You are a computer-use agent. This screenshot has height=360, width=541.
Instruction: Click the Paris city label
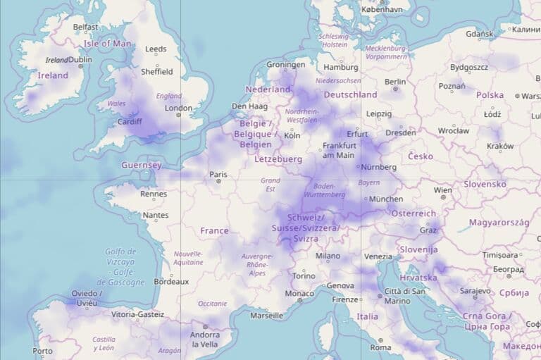coord(218,174)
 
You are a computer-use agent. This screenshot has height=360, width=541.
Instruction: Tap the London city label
coord(178,108)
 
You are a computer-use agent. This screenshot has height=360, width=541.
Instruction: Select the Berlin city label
coord(395,82)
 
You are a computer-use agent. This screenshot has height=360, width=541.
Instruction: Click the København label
coord(381,10)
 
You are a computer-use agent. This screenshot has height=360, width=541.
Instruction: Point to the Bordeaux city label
coord(171,281)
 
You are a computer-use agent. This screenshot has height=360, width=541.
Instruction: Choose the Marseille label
coord(266,316)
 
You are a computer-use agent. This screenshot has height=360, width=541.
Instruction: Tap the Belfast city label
coord(86,27)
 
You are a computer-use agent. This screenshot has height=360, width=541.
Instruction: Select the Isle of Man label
coord(107,43)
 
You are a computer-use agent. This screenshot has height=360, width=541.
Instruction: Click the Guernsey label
coord(141,166)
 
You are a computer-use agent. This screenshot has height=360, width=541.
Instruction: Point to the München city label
coord(385,199)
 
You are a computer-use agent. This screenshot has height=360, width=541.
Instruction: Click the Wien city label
coord(443,190)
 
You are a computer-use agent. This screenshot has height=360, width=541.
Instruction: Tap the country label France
coord(214,230)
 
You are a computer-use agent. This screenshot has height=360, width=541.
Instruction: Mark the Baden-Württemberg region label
coord(324,190)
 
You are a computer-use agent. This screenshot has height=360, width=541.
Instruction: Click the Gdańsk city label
coord(480,33)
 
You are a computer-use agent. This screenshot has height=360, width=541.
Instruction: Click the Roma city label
coord(380,347)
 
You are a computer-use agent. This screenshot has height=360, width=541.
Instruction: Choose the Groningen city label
coord(286,65)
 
